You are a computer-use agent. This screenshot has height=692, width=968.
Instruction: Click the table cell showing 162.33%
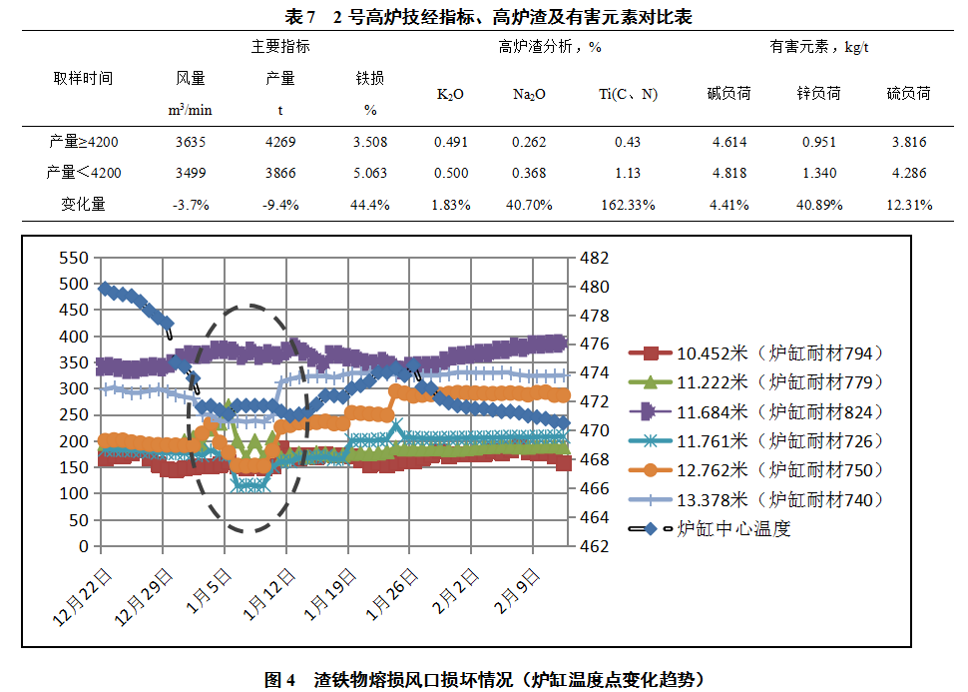(x=627, y=205)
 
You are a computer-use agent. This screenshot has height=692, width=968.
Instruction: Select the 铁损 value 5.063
(x=369, y=173)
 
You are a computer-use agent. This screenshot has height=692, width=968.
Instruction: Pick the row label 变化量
(x=85, y=205)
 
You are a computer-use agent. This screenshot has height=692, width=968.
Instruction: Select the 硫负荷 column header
(x=908, y=94)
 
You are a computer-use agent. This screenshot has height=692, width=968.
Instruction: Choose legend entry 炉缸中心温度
(x=733, y=529)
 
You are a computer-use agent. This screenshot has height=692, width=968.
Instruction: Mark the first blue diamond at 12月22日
(x=105, y=289)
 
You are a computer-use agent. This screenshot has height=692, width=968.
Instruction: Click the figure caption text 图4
(x=279, y=680)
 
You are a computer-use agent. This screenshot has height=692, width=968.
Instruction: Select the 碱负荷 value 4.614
(x=729, y=142)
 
